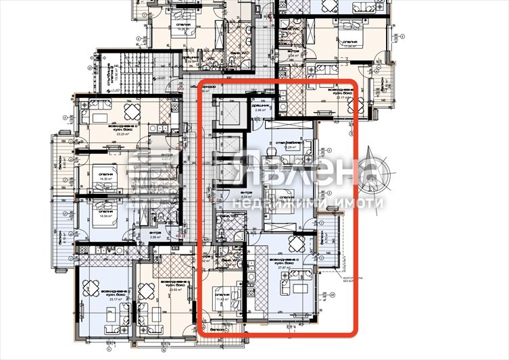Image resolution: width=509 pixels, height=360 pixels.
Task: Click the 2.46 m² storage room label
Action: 263,108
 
